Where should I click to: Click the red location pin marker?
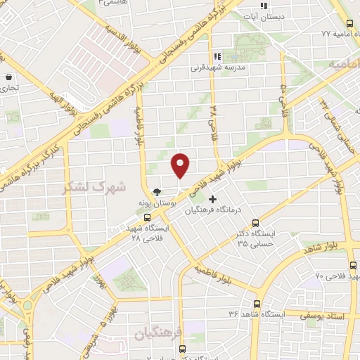pos(181,165)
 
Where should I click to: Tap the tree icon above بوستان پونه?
pos(157,191)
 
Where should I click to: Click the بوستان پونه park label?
pos(156,202)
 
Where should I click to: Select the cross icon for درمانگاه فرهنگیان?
pos(213,199)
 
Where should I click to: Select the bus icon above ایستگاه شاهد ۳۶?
pos(256,304)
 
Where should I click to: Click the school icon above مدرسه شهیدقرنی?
pos(217,56)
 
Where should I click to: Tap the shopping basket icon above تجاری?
pos(8,77)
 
